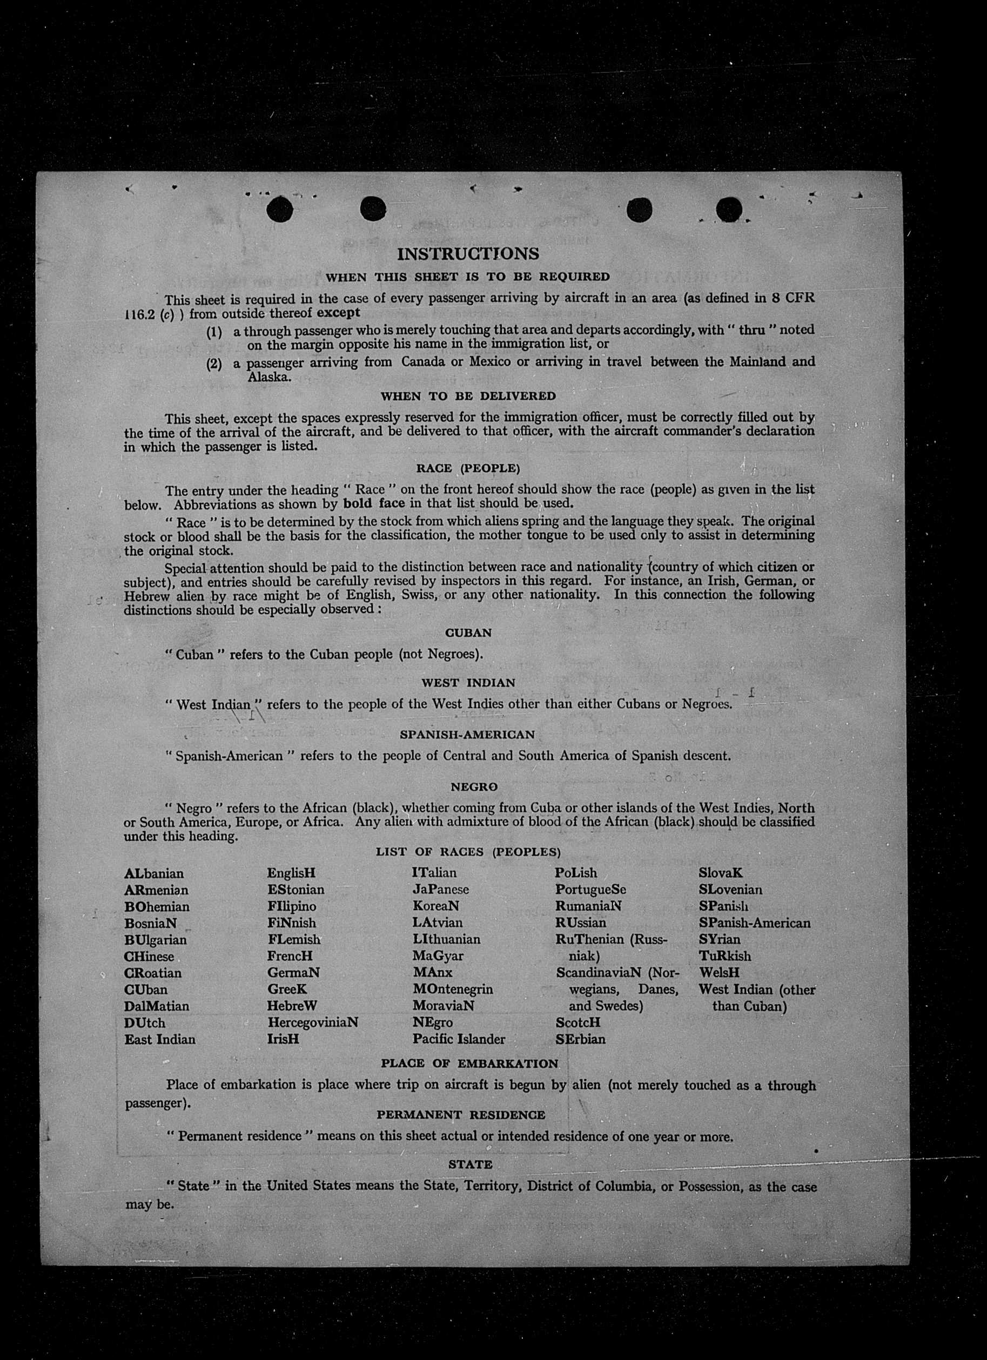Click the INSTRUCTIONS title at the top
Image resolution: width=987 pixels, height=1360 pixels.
(468, 254)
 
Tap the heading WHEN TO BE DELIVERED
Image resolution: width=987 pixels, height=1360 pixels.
(468, 396)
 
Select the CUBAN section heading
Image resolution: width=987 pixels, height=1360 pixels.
(468, 632)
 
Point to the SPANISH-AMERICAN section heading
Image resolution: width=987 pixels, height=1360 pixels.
(467, 735)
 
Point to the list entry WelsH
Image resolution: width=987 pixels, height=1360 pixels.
(719, 973)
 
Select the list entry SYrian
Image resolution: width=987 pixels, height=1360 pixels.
(719, 940)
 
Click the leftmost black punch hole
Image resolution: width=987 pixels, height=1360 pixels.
(280, 210)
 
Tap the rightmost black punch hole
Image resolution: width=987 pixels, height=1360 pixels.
(730, 210)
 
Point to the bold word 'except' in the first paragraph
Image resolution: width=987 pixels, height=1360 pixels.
(338, 313)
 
